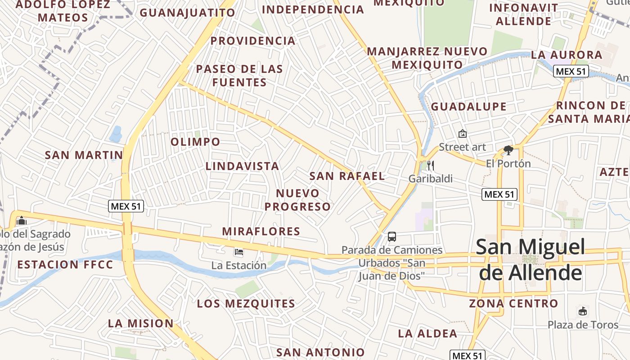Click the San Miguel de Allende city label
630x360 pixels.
(531, 260)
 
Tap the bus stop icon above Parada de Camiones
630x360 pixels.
(392, 236)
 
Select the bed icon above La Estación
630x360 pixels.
(239, 252)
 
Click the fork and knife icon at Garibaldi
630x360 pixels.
(431, 165)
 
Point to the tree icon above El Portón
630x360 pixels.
(508, 150)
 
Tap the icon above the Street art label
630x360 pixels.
(462, 134)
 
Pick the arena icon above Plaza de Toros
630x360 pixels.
(583, 311)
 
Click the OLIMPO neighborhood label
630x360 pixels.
(195, 142)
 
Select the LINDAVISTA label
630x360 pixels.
(243, 166)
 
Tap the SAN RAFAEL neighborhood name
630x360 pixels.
(347, 176)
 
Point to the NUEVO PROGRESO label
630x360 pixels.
(297, 200)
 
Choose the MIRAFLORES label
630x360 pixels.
(261, 231)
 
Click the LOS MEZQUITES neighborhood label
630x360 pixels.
(246, 304)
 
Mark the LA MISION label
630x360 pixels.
(140, 323)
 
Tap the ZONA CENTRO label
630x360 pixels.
(513, 303)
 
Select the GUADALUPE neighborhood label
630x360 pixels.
(468, 107)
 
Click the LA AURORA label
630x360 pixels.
(566, 55)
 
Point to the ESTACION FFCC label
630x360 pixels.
(65, 264)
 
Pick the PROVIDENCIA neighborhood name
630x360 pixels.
(253, 41)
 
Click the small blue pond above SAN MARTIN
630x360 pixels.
(116, 134)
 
